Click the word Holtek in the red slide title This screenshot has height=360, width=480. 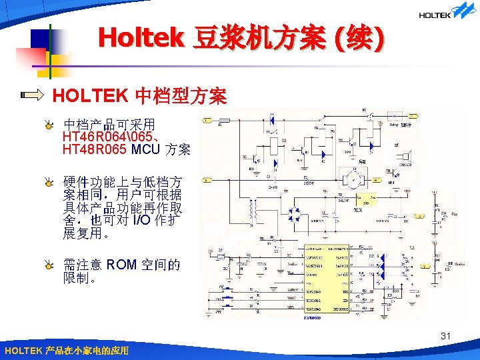(x=140, y=37)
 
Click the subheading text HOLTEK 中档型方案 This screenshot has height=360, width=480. (x=139, y=96)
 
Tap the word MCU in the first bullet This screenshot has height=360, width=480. (x=145, y=149)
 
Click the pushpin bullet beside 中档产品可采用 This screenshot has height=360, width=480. (x=49, y=124)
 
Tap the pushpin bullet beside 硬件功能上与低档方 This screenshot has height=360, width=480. (x=49, y=182)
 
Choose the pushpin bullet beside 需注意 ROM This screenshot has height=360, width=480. (x=49, y=265)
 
